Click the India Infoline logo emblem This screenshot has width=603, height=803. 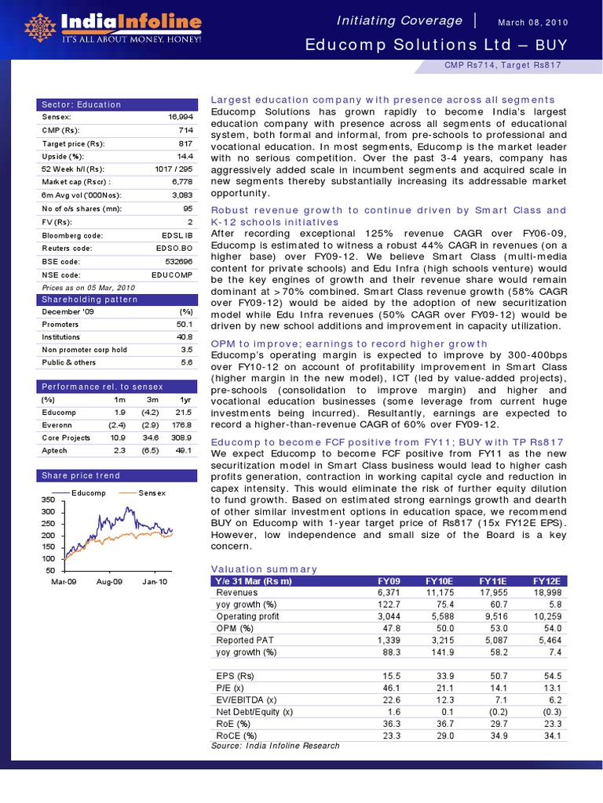point(40,27)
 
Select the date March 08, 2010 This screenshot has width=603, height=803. point(532,21)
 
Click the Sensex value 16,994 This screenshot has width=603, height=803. point(180,116)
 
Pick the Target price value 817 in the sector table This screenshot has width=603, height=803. point(186,143)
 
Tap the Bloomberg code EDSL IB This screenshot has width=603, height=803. point(174,235)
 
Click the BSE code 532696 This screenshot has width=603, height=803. point(177,262)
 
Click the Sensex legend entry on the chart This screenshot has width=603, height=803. point(152,492)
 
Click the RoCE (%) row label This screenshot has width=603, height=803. point(236,736)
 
